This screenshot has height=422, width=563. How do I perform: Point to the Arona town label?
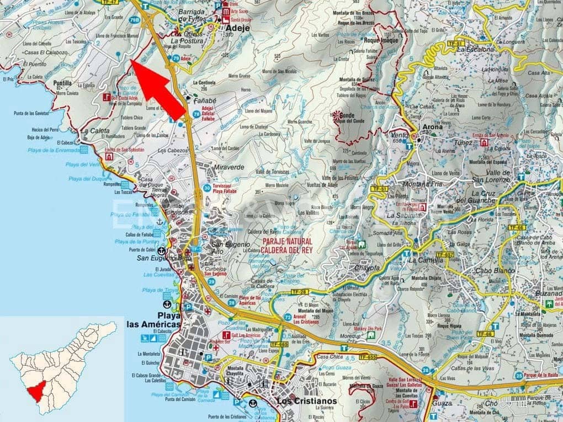coord(433,126)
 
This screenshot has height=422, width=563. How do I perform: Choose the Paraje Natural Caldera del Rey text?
coord(287,246)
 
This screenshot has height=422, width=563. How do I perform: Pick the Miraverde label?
coord(229,167)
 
